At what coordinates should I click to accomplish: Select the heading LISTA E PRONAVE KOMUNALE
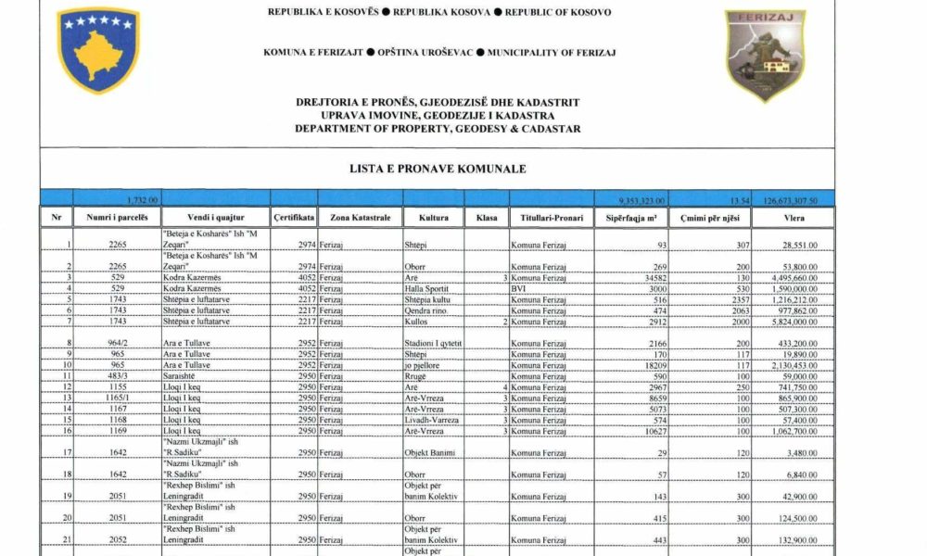tap(438, 170)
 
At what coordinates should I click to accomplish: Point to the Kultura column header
tap(434, 218)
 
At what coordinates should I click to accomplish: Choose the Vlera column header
tap(793, 218)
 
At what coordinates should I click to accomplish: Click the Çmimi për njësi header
tap(709, 218)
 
